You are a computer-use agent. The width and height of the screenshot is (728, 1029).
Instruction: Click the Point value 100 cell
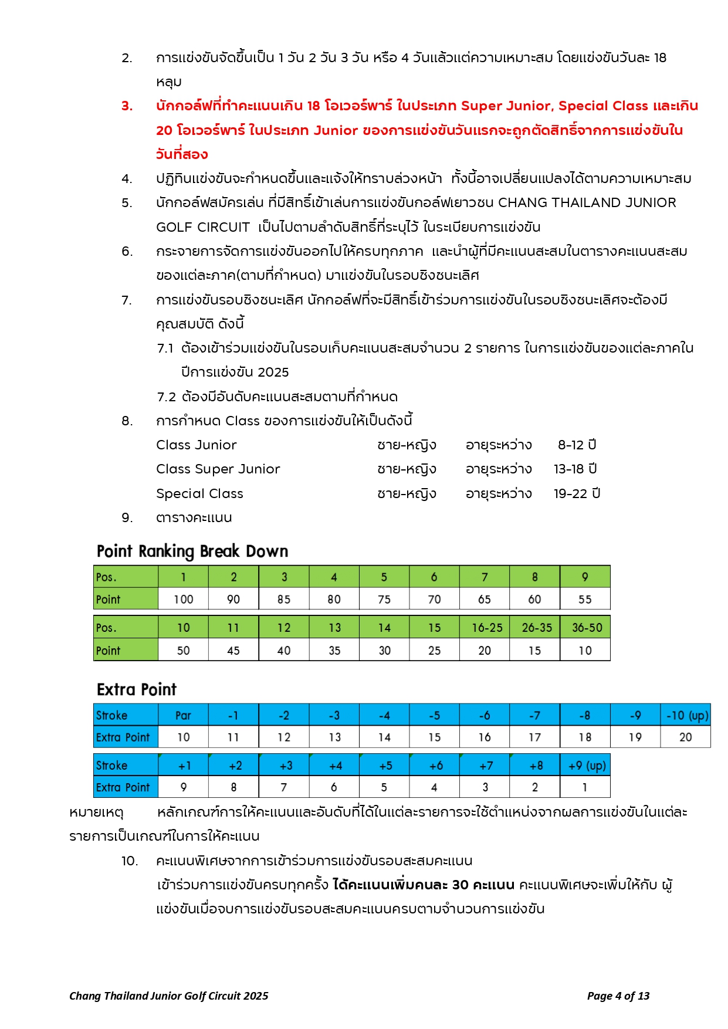pos(183,599)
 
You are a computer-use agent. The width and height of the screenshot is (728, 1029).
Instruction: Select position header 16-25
pos(485,627)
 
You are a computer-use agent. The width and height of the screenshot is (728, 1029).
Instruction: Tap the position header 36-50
pos(585,627)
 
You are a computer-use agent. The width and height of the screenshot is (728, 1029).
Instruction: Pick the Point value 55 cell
pos(585,599)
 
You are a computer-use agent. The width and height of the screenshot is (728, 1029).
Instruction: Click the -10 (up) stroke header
pos(686,715)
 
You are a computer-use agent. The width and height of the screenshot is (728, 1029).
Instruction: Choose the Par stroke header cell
pos(183,715)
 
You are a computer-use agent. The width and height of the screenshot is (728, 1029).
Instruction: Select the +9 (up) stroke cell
pos(585,766)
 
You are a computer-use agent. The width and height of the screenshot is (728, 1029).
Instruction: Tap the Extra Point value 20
pos(686,737)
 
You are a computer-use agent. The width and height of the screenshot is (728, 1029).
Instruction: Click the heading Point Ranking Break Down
pos(192,551)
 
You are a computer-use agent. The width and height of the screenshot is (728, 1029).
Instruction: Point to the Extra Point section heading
pos(137,689)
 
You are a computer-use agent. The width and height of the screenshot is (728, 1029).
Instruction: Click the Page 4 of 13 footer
pos(618,996)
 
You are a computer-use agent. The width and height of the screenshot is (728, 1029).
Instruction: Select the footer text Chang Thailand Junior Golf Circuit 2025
pos(169,996)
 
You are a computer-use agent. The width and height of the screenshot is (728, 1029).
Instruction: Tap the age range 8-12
pos(577,445)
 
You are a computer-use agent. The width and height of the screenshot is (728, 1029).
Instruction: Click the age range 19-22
pos(577,493)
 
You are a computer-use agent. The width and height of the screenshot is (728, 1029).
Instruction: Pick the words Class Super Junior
pos(218,469)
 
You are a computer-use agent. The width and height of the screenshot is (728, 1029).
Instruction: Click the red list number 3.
pos(127,106)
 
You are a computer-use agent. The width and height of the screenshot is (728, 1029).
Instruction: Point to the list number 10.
pos(130,861)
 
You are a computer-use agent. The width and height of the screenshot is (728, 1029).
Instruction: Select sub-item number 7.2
pos(167,397)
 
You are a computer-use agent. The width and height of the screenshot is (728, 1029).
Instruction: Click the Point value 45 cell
pos(233,650)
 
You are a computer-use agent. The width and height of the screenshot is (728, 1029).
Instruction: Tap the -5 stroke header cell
pos(434,715)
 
